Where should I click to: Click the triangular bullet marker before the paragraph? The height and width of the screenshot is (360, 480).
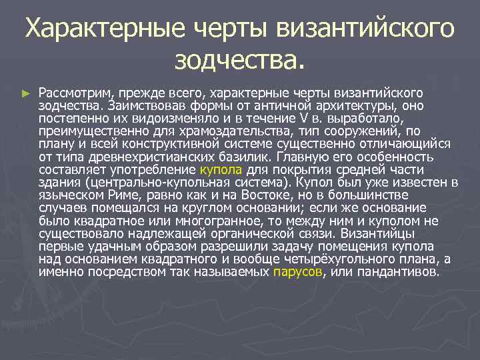(26, 93)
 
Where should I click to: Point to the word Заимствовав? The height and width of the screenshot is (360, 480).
(139, 105)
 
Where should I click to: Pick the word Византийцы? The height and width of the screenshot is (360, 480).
(380, 234)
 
